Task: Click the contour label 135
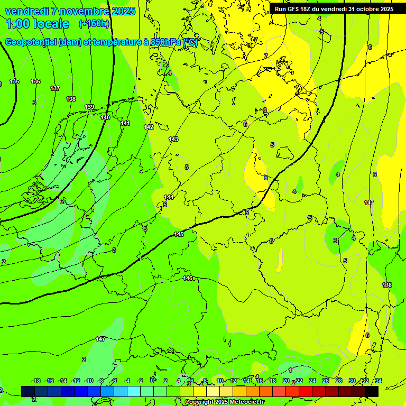coord(14,81)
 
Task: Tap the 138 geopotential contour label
coord(71,99)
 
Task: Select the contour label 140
coord(105,117)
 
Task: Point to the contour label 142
coord(149,127)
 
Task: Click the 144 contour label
coord(169,197)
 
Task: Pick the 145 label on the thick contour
coord(179,234)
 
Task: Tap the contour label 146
coord(188,278)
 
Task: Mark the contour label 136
coord(35,81)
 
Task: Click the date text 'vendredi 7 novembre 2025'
coord(70,11)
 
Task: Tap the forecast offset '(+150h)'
coord(94,24)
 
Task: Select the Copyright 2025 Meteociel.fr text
coord(224,402)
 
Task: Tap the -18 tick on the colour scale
coord(36,381)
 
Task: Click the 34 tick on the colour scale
coord(378,381)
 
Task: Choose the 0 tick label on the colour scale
coord(152,381)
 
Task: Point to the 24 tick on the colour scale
coord(312,381)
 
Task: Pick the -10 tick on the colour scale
coord(89,381)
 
